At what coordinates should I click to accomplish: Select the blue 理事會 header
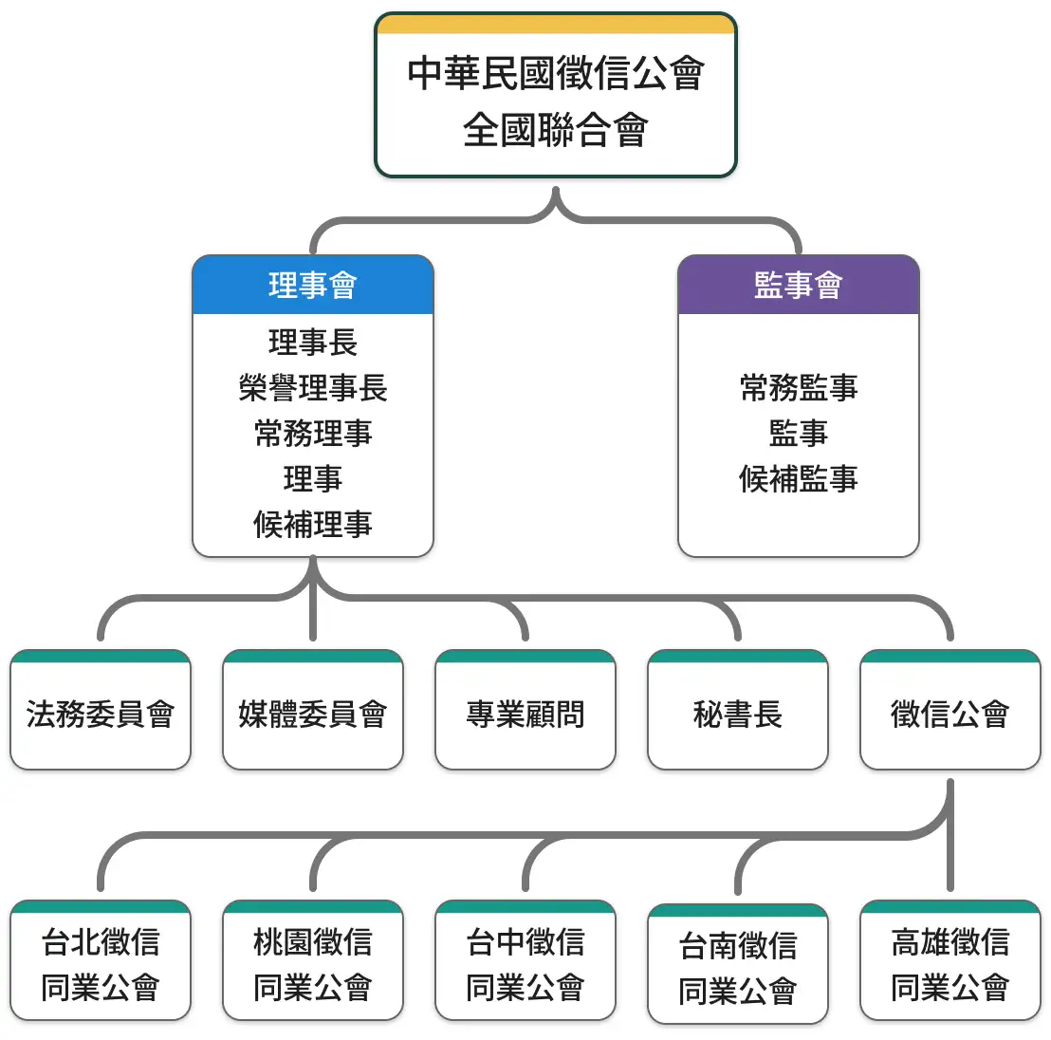(313, 285)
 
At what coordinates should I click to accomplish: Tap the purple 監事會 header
(798, 285)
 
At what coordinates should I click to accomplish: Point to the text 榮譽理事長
(313, 388)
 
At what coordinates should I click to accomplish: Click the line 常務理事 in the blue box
(313, 434)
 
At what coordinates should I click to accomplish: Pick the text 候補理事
(313, 524)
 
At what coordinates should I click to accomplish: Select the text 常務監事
(798, 388)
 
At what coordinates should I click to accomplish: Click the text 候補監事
(798, 478)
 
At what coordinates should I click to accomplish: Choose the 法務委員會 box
(101, 714)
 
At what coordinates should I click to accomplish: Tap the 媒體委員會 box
(313, 714)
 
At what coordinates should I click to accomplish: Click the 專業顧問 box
(525, 714)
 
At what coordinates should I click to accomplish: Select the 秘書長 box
(738, 714)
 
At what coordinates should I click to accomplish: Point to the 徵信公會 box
(950, 714)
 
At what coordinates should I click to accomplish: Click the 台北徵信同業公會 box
(101, 964)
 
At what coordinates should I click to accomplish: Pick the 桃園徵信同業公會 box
(313, 964)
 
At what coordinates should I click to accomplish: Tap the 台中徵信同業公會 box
(525, 964)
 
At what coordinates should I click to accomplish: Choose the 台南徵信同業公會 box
(738, 968)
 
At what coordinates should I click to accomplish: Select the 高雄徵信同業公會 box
(950, 964)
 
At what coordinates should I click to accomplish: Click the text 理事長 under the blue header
(313, 343)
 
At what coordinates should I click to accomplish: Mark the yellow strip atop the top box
(556, 24)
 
